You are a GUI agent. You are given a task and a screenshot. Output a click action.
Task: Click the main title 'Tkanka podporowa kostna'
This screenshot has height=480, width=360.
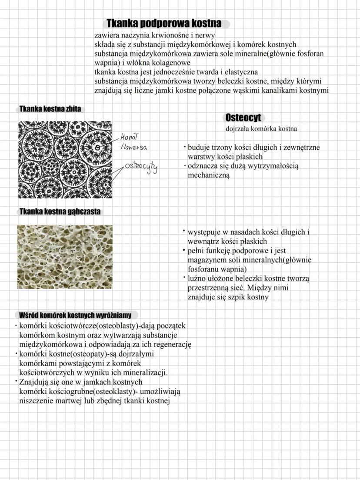(x=164, y=23)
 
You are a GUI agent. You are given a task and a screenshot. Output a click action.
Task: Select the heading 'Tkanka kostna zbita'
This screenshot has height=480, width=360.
(x=49, y=109)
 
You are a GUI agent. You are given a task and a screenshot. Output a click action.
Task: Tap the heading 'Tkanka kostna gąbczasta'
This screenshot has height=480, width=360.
(x=60, y=211)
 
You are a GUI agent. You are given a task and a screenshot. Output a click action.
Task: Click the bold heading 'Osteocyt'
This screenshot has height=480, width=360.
(x=243, y=117)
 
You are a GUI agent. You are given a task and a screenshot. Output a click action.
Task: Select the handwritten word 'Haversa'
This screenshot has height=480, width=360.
(x=134, y=147)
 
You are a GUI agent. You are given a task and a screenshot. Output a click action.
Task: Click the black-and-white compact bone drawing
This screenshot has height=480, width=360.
(x=65, y=159)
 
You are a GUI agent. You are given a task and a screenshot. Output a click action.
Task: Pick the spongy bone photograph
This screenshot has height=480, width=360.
(x=65, y=257)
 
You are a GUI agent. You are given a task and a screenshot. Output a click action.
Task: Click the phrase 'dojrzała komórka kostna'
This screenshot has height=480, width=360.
(x=261, y=129)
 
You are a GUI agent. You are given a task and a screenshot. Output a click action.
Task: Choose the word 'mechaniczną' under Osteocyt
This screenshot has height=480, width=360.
(x=208, y=175)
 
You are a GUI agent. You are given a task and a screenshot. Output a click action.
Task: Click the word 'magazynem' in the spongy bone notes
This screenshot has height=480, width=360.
(x=205, y=260)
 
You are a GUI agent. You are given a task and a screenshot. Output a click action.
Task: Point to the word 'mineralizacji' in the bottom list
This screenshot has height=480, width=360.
(x=146, y=373)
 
